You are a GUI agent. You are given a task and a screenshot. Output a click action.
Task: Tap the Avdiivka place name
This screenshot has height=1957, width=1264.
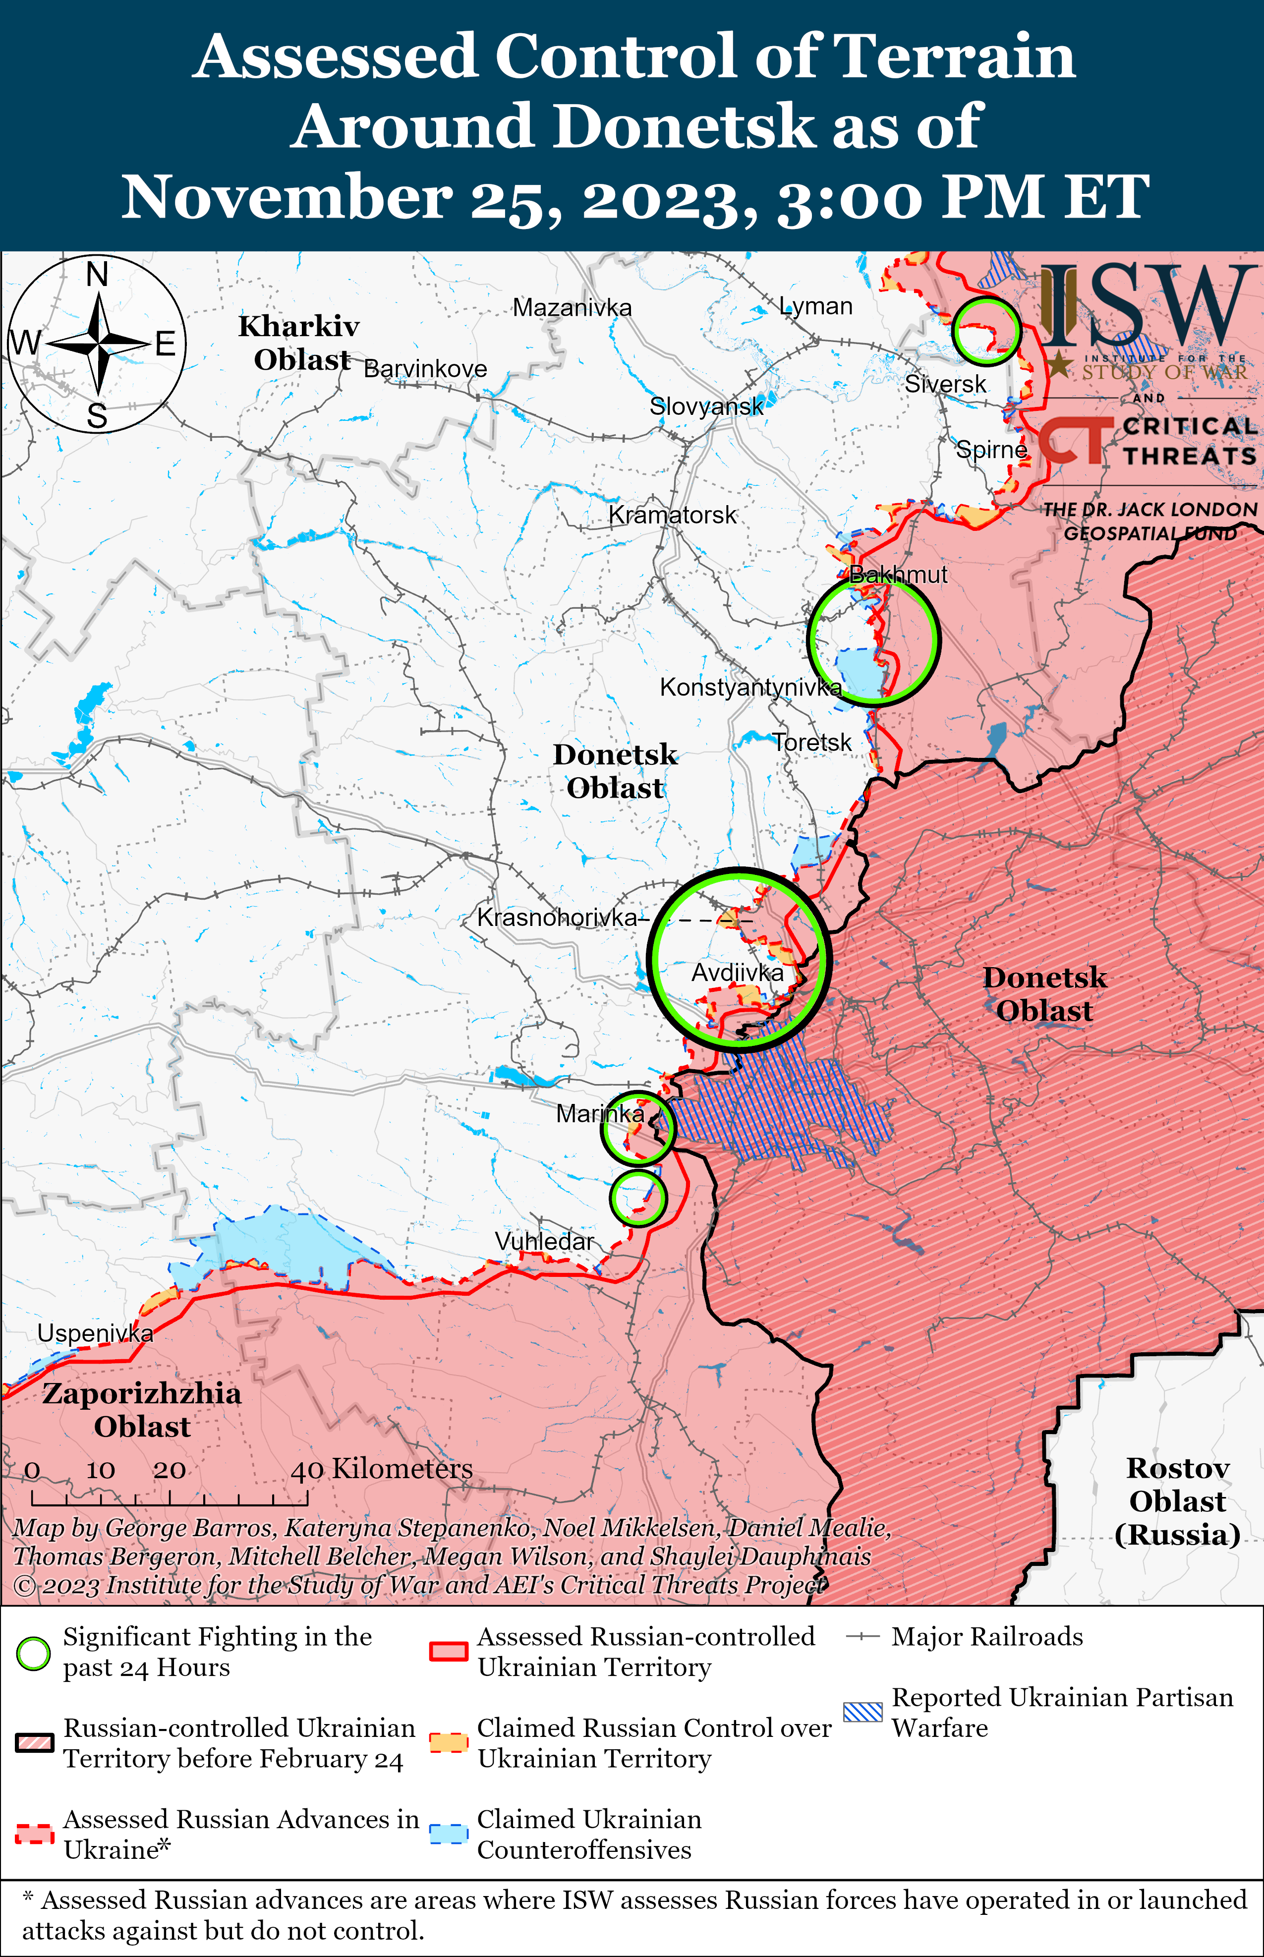(737, 973)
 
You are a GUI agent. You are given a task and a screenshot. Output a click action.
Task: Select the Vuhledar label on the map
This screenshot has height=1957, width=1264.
(544, 1242)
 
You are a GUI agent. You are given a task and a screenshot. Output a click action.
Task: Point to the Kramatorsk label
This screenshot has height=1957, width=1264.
(672, 516)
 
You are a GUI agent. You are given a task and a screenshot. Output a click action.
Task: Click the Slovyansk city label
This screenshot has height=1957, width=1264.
(706, 406)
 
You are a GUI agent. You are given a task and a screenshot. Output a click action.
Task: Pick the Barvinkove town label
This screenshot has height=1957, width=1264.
(425, 369)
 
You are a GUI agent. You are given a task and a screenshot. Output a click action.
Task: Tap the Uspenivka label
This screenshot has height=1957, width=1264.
(95, 1333)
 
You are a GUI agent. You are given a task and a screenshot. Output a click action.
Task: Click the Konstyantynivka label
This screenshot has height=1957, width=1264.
(750, 687)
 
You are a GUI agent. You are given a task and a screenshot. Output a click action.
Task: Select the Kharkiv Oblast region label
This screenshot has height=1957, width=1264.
(299, 343)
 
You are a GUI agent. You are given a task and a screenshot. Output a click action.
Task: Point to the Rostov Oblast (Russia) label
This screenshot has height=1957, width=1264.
(1177, 1501)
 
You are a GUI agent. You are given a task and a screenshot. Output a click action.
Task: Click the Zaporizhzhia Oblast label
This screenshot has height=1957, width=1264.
(142, 1410)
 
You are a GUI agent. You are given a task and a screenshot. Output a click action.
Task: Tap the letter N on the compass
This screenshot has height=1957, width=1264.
(97, 275)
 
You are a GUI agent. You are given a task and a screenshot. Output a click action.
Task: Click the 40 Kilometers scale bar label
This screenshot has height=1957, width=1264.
(382, 1469)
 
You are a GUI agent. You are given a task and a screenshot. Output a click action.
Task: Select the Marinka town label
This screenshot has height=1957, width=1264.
(599, 1113)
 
